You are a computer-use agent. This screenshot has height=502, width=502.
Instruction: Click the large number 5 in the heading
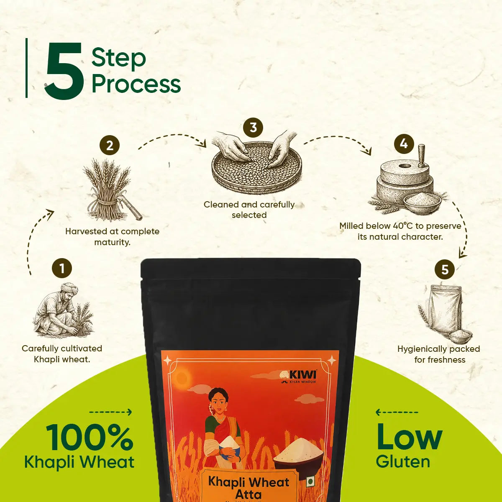64,70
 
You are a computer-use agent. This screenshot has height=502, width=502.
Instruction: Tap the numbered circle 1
62,268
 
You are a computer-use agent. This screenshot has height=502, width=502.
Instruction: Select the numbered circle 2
110,145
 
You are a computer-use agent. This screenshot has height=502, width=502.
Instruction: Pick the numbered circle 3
253,128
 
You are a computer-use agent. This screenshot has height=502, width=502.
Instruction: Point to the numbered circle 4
404,143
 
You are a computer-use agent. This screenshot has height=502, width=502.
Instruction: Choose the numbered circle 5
445,269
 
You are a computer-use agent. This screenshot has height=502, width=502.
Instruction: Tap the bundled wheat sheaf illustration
110,189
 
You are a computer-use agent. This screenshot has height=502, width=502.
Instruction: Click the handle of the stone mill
421,156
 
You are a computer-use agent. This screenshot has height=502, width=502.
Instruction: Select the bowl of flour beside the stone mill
422,203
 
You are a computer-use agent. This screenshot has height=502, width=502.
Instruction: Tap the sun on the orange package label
182,376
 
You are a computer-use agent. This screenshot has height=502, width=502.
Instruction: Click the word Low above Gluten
409,437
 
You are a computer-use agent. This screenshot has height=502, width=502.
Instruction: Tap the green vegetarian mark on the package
310,482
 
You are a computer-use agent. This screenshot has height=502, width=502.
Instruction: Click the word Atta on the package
248,494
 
